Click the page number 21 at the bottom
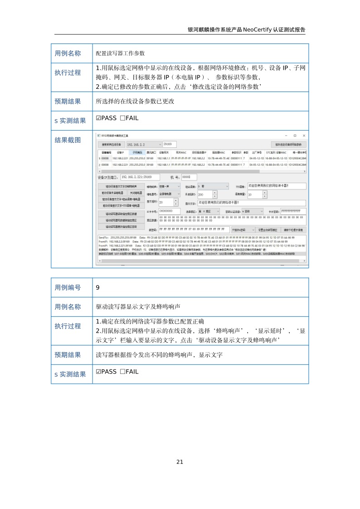pyautogui.click(x=180, y=462)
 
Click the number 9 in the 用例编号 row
pyautogui.click(x=98, y=287)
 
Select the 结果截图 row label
pyautogui.click(x=68, y=140)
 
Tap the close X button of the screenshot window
pyautogui.click(x=304, y=136)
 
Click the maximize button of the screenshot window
pyautogui.click(x=295, y=136)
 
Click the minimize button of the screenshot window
pyautogui.click(x=285, y=136)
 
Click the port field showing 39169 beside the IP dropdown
pyautogui.click(x=170, y=144)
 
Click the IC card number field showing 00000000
pyautogui.click(x=169, y=211)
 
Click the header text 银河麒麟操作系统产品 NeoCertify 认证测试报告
pyautogui.click(x=247, y=30)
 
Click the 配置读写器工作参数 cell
pyautogui.click(x=120, y=53)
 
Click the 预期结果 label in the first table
pyautogui.click(x=68, y=102)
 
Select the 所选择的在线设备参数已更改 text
pyautogui.click(x=135, y=102)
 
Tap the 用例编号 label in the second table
pyautogui.click(x=68, y=287)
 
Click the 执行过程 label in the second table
pyautogui.click(x=68, y=326)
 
